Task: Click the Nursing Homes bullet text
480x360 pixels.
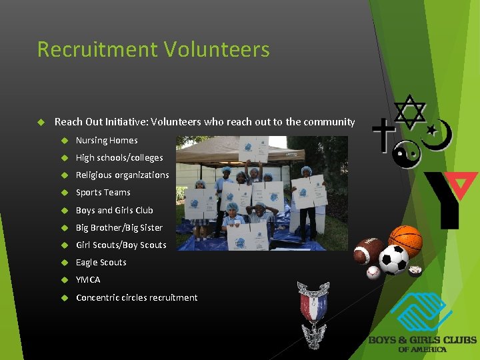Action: point(107,141)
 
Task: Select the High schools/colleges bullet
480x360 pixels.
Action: point(119,158)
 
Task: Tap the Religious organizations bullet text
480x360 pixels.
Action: point(123,175)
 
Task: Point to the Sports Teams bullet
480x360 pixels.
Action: point(103,193)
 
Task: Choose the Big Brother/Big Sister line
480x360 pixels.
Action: point(119,227)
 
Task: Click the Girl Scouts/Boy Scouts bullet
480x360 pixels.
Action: point(121,245)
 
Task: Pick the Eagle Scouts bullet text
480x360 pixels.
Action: point(101,262)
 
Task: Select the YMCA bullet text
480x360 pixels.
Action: point(88,279)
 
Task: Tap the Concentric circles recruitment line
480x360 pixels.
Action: point(137,297)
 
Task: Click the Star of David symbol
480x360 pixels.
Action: point(410,111)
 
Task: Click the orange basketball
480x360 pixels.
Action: point(405,241)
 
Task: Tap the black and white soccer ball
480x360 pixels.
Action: point(394,261)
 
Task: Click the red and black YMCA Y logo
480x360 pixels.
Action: point(450,197)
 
